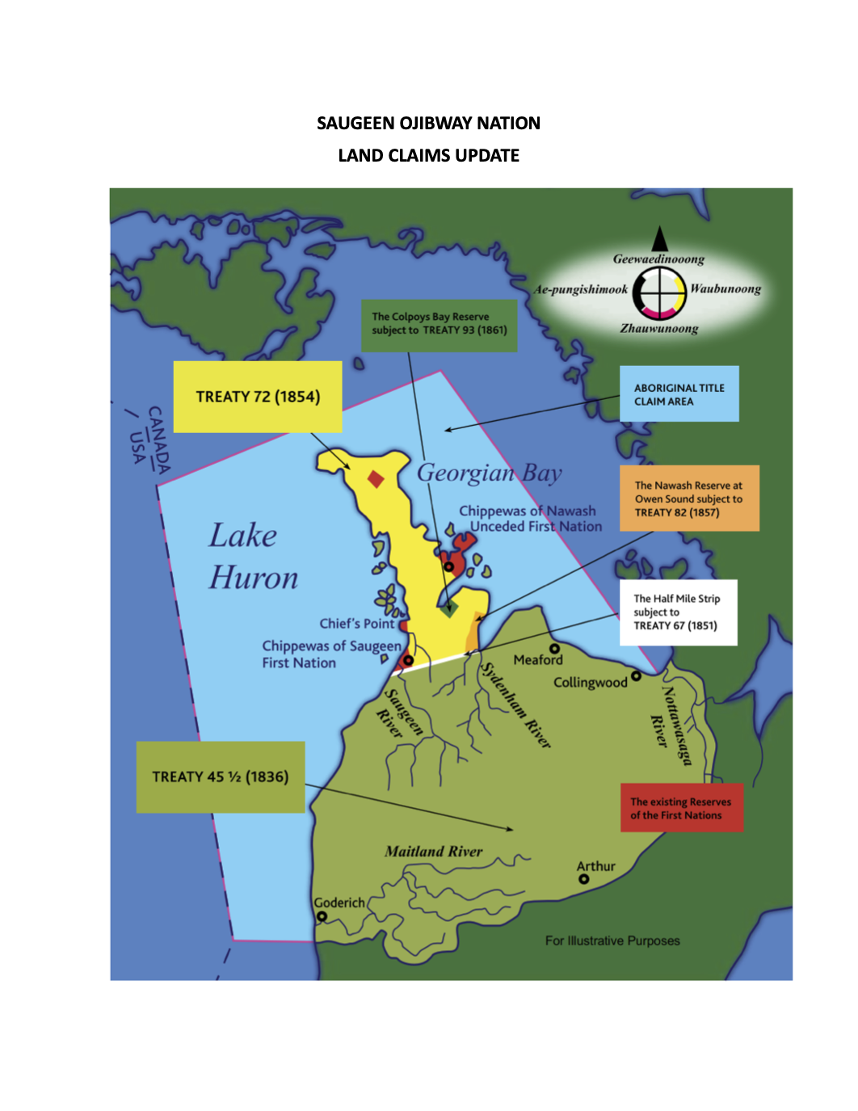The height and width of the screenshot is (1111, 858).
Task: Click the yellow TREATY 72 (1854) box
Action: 258,397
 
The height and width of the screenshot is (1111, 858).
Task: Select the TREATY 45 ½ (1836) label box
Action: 221,776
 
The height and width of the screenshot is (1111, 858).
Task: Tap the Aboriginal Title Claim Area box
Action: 679,393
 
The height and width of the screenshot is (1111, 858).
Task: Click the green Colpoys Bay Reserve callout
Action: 439,325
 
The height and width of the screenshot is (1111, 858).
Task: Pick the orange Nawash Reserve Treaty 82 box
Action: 689,498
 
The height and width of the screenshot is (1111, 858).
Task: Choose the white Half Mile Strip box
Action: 678,612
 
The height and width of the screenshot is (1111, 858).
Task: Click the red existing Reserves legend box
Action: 681,807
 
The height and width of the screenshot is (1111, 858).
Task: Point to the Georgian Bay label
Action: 489,473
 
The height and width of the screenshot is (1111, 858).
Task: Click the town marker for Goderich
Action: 322,916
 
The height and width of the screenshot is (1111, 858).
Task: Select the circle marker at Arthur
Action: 584,879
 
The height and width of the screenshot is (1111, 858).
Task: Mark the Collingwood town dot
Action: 636,675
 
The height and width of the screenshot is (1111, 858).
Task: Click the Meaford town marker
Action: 554,648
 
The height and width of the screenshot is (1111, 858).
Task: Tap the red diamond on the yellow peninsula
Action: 376,479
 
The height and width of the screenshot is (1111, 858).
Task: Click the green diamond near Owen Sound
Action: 450,608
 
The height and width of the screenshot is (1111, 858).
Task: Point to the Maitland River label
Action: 433,851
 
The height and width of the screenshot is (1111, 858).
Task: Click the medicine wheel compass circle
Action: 659,292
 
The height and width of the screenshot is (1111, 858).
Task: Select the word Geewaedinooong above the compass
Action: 658,259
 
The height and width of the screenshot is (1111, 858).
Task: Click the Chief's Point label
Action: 356,624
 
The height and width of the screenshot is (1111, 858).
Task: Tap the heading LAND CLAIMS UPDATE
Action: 428,155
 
